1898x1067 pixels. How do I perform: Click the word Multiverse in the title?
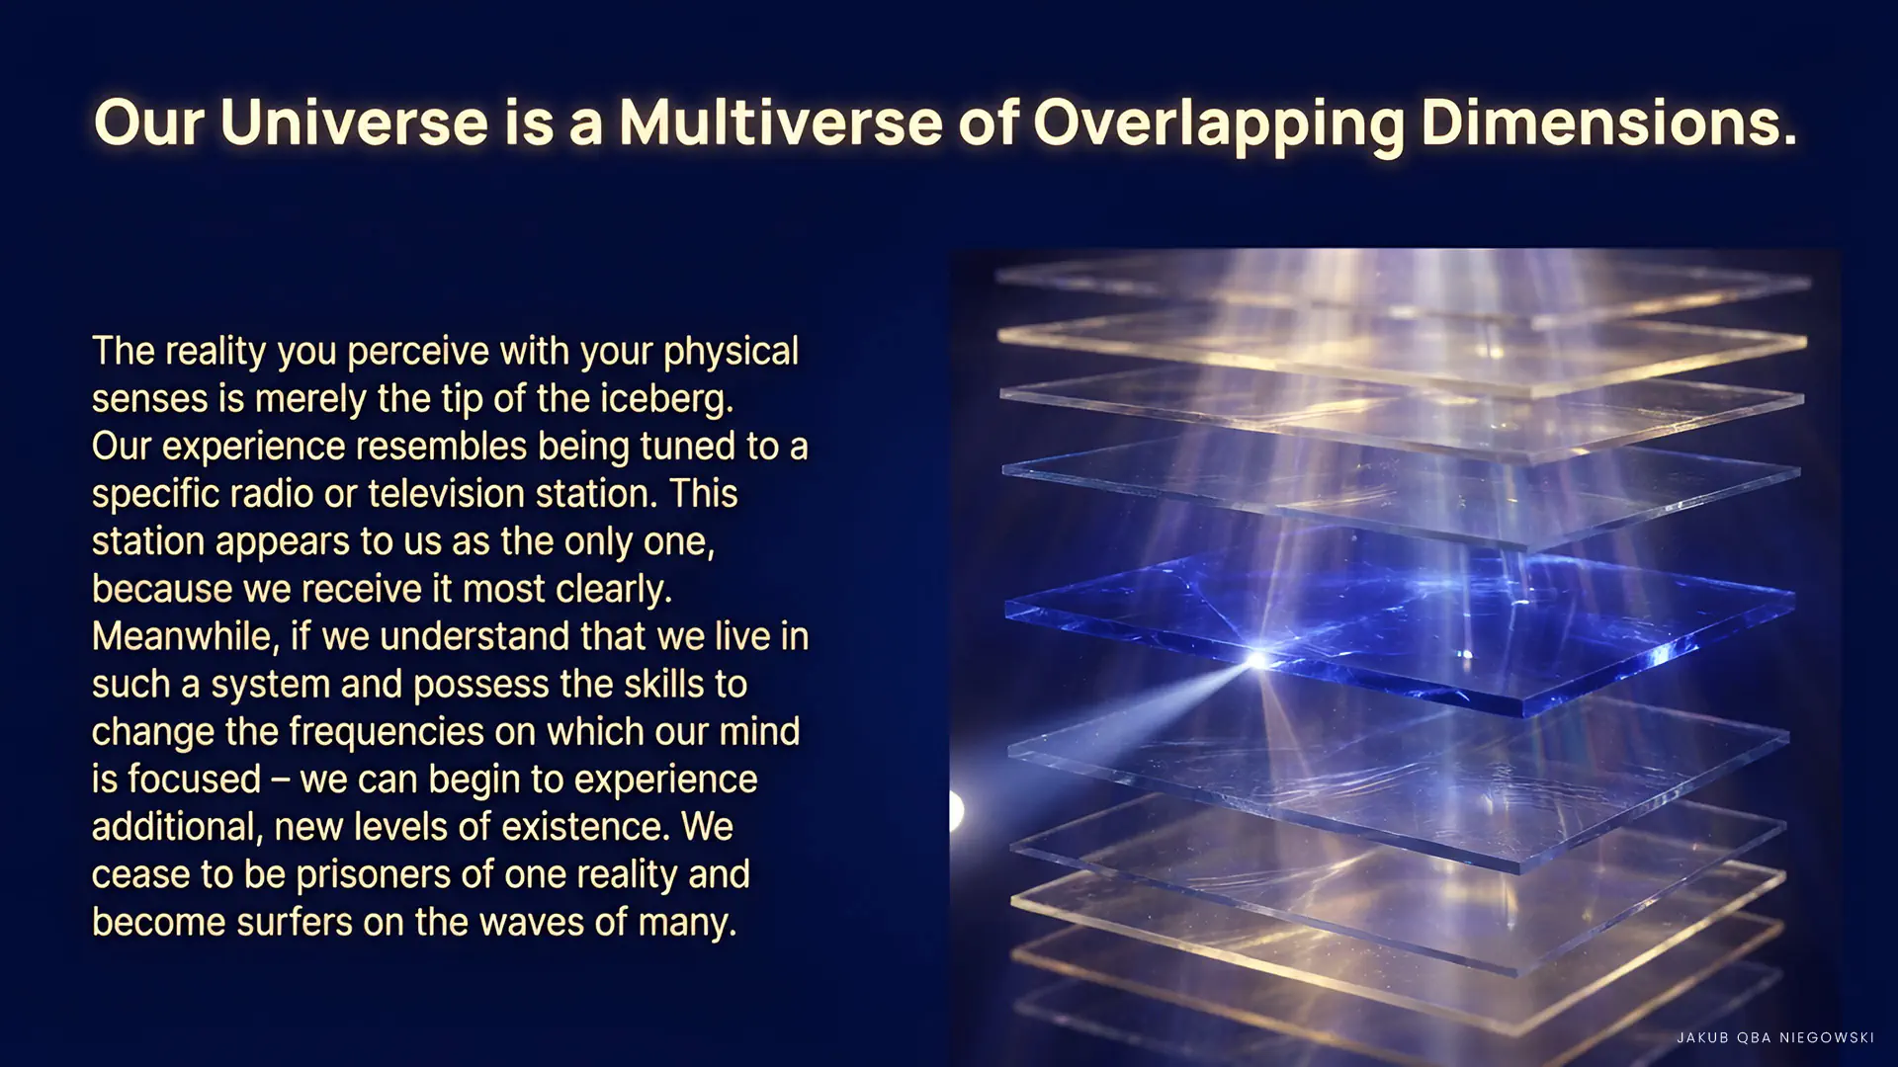pos(781,123)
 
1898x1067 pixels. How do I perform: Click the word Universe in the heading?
pos(354,123)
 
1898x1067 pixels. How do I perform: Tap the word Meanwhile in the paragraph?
pos(182,636)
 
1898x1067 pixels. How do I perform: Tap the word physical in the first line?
pos(731,352)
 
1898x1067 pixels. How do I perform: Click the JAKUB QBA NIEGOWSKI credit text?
pos(1775,1037)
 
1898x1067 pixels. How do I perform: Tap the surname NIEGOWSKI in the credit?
pos(1827,1037)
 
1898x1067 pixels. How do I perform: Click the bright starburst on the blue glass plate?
pos(1257,659)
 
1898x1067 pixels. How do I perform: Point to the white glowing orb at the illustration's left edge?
pos(956,810)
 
